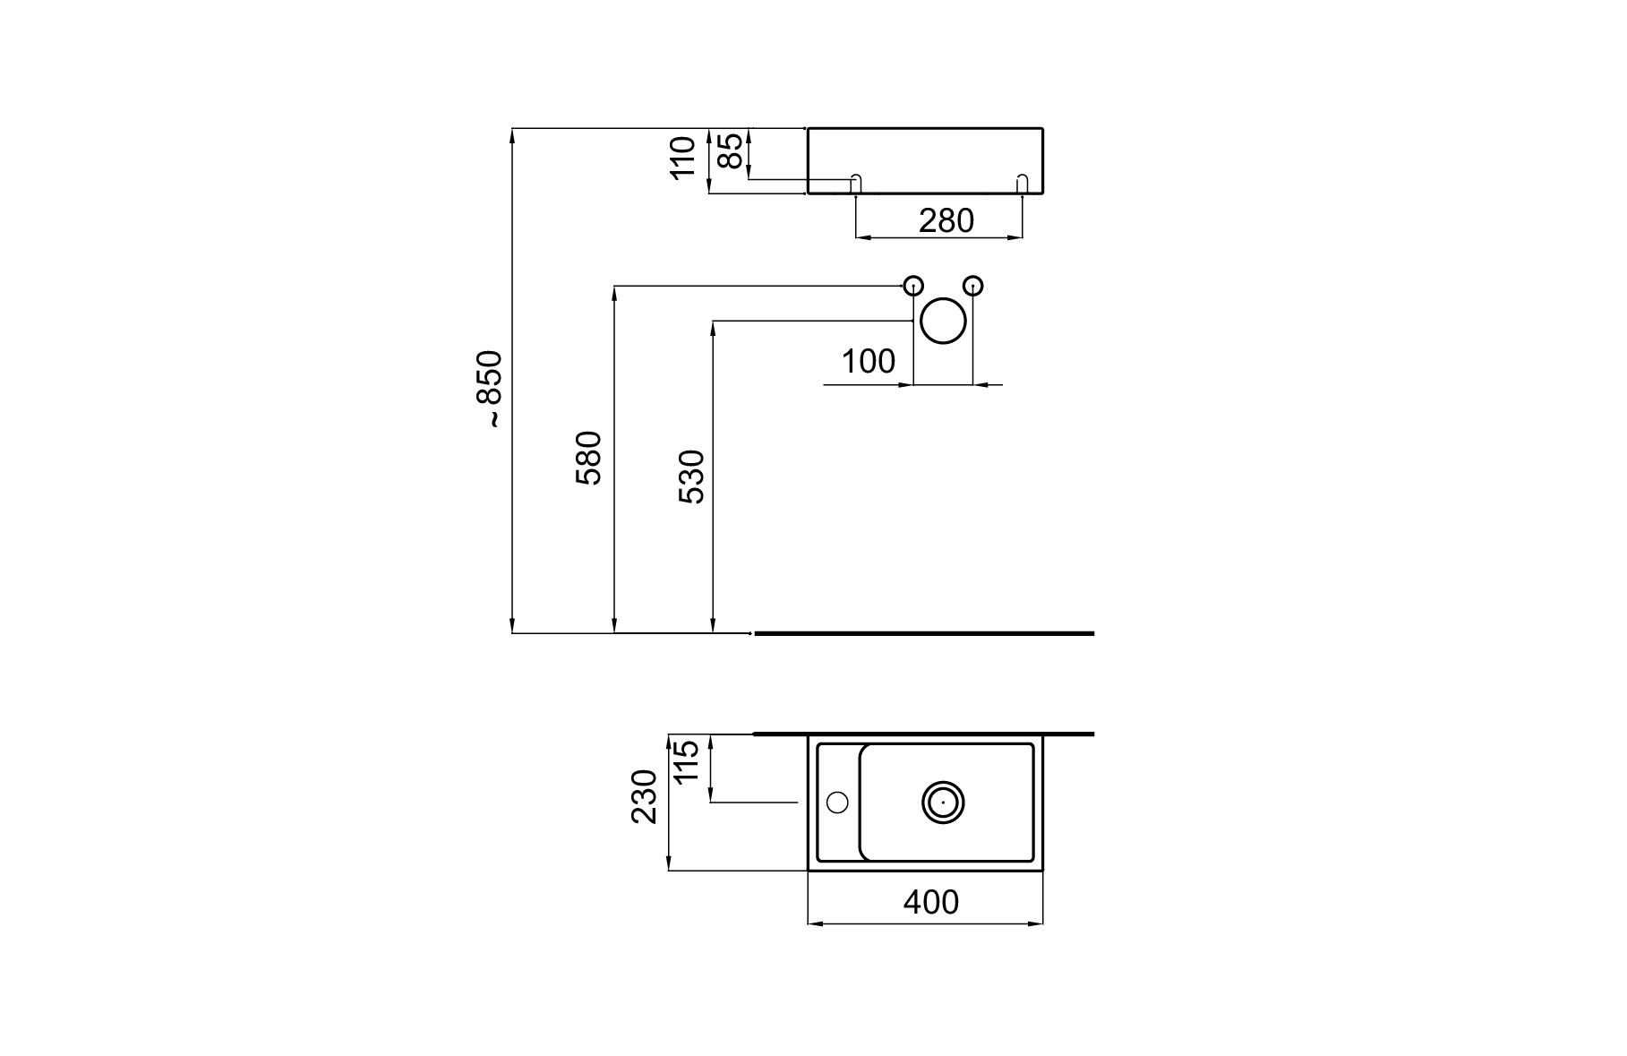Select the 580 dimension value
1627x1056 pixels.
tap(589, 458)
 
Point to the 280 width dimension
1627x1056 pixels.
tap(946, 220)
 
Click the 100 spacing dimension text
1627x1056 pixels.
tap(868, 362)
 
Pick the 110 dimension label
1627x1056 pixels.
tap(683, 158)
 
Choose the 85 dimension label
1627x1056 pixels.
tap(731, 150)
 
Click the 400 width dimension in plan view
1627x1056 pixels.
tap(930, 902)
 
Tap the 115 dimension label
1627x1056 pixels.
tap(686, 761)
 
